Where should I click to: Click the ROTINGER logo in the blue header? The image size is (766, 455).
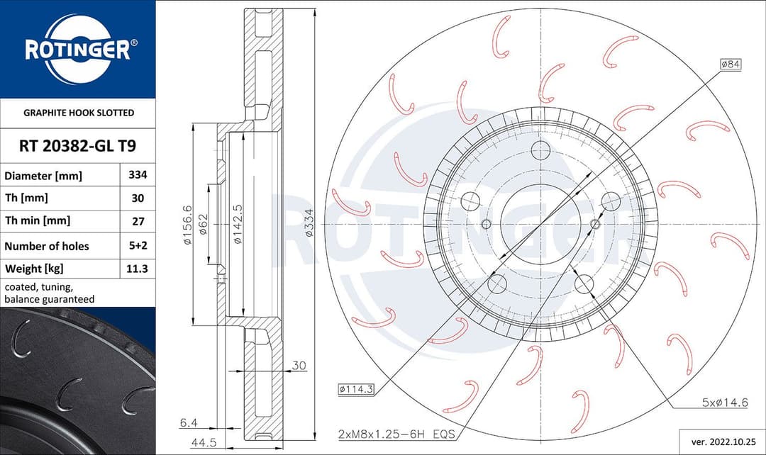77,50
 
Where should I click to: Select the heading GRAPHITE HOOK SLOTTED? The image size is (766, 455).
78,113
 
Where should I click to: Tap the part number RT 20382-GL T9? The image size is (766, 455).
77,146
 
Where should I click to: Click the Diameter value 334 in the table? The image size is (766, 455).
137,174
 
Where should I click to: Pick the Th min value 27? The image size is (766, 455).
137,221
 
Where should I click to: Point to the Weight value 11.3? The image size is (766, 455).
137,269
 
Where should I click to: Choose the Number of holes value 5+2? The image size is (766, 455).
137,245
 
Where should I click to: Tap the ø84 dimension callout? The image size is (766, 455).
731,64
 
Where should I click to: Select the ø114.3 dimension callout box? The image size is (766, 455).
357,388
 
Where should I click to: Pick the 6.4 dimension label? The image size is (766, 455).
188,422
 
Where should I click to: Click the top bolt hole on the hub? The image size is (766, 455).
540,150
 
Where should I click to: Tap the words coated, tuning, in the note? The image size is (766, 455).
38,287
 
